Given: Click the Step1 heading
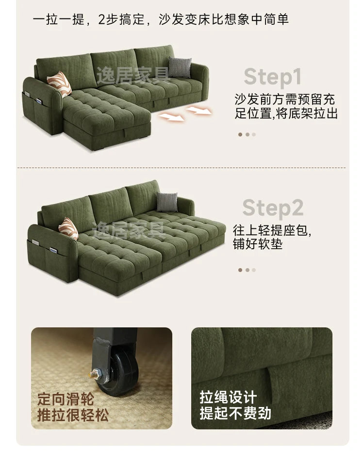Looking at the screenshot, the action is [272, 78].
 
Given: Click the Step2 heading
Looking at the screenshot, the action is [273, 208].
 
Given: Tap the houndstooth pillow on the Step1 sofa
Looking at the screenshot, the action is [180, 67].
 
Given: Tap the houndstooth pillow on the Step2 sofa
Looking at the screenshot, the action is [167, 202].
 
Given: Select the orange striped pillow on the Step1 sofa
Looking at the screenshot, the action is [59, 84].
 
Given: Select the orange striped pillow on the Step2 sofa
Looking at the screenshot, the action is [69, 228].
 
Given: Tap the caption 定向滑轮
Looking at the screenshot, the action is [66, 399].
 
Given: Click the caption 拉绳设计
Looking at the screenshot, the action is [228, 397].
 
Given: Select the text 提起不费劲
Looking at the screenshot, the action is [235, 413].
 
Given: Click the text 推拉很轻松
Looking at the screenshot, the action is [73, 415].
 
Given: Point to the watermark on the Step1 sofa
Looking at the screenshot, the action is [133, 75].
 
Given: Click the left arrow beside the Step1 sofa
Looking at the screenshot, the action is [172, 117].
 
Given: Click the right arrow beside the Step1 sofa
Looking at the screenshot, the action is [199, 111].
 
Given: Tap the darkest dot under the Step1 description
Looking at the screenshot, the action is [240, 135].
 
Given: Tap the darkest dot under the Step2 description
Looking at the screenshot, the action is [240, 270].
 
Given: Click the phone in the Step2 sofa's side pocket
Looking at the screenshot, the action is [53, 251].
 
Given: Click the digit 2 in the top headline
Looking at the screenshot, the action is [102, 20].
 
